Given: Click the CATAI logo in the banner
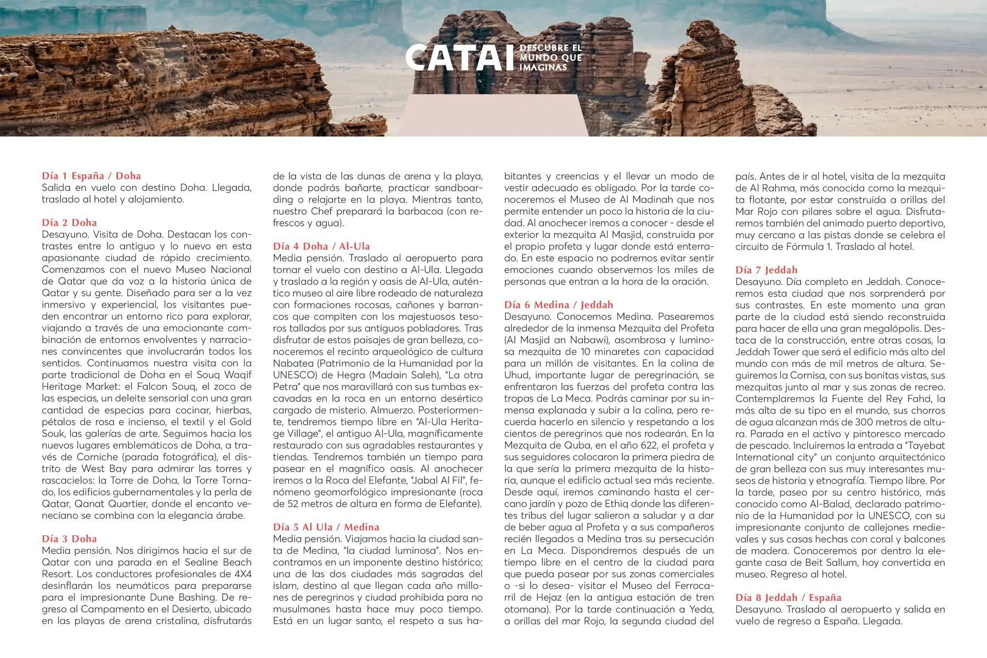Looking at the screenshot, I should click(460, 58).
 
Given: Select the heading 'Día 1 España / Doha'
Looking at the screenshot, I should click(91, 176).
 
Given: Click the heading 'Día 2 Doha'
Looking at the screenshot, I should click(69, 223).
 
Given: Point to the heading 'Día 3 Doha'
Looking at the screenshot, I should click(69, 539).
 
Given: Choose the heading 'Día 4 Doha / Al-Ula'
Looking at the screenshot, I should click(321, 246).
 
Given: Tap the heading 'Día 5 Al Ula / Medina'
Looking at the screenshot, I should click(326, 527).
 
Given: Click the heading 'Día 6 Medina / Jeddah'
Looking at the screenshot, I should click(558, 305).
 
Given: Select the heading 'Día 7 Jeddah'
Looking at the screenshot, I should click(766, 270).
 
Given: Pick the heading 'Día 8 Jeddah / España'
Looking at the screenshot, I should click(788, 598).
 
